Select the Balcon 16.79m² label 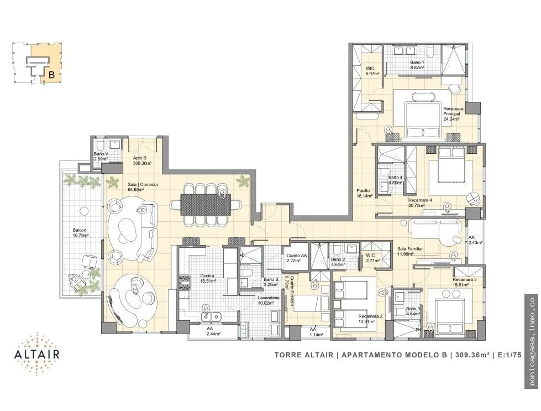(x=80, y=232)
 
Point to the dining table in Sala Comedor (x=206, y=205)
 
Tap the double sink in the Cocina (x=211, y=316)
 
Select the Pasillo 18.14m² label (x=365, y=193)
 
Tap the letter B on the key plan (x=52, y=75)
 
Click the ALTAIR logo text (x=37, y=354)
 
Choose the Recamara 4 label (x=420, y=202)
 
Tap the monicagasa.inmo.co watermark (x=531, y=341)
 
